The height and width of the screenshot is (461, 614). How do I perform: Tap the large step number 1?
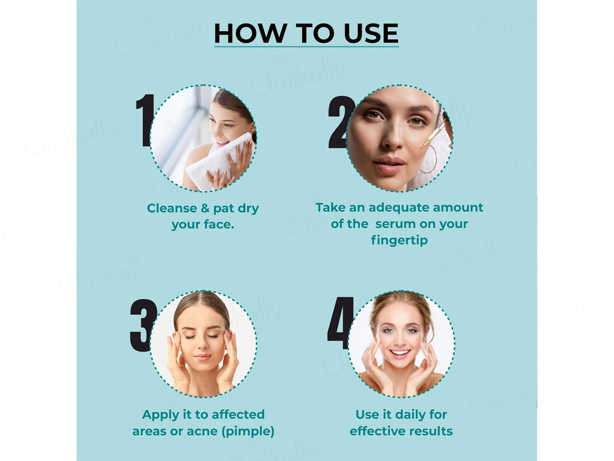tap(145, 120)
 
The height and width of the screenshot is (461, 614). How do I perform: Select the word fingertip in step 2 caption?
tap(399, 240)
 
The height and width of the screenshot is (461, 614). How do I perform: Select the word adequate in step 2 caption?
tap(395, 208)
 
